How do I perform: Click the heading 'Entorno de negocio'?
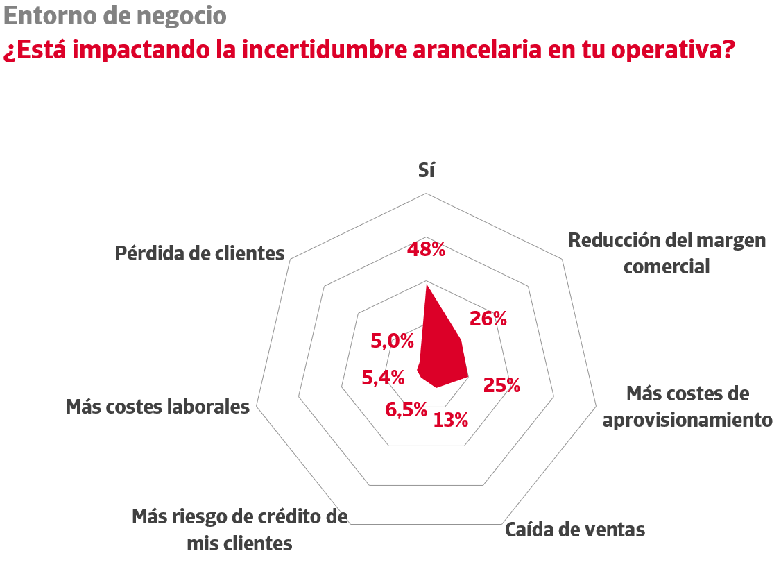coord(114,15)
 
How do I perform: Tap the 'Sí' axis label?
coord(427,170)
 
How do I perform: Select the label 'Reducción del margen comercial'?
coord(667,253)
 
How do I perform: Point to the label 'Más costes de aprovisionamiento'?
coord(687,407)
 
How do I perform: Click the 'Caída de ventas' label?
coord(575,530)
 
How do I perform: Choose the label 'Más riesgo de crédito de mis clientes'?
coord(239,530)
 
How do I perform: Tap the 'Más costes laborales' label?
coord(157,407)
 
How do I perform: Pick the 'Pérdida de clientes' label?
coord(200,253)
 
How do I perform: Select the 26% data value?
coord(488,319)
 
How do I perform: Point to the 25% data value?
coord(501,385)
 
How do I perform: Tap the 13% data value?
coord(451,419)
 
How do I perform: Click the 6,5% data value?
coord(406,409)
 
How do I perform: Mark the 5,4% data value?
coord(383,378)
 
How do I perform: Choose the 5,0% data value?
coord(392,341)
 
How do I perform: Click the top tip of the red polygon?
coord(426,284)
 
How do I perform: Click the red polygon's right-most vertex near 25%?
coord(469,377)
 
